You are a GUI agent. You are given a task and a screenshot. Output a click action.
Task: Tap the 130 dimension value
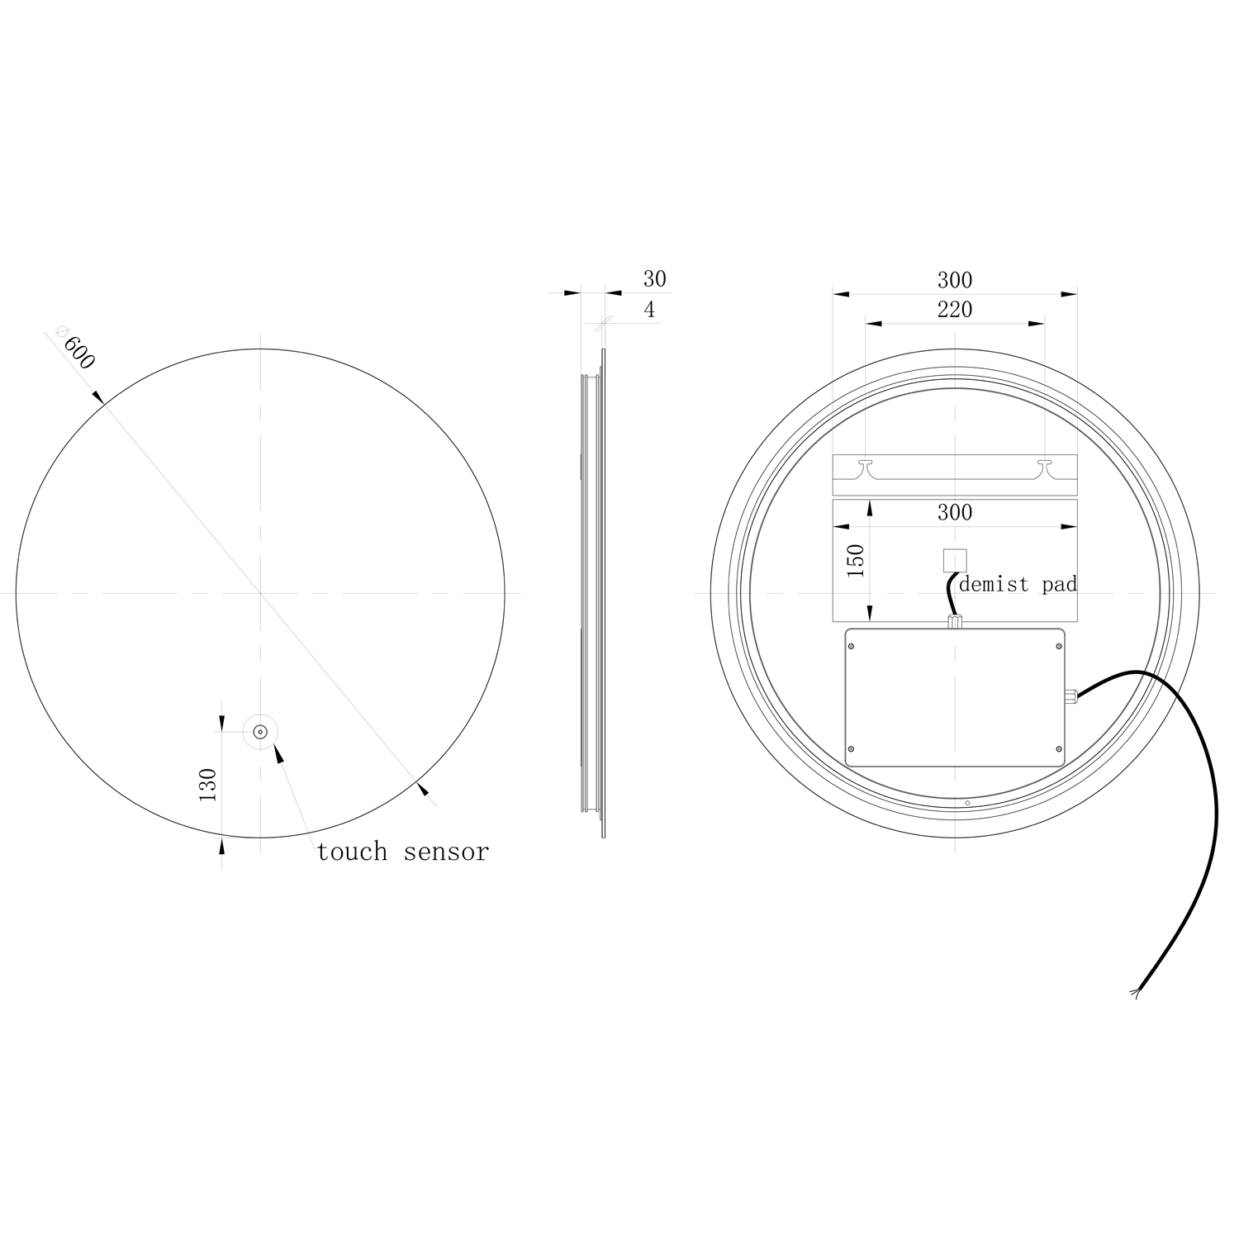pyautogui.click(x=207, y=785)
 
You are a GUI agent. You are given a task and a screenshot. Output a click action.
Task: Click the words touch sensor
pyautogui.click(x=403, y=852)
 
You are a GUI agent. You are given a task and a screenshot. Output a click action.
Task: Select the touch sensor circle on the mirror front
pyautogui.click(x=260, y=731)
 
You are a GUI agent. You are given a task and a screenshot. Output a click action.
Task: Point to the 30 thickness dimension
pyautogui.click(x=654, y=279)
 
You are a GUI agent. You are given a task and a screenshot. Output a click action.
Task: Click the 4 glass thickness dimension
pyautogui.click(x=649, y=310)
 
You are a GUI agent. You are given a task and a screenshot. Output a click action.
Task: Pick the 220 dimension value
pyautogui.click(x=954, y=310)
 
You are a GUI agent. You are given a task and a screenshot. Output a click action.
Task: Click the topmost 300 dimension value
pyautogui.click(x=954, y=280)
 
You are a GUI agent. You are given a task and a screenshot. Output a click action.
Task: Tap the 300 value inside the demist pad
pyautogui.click(x=954, y=512)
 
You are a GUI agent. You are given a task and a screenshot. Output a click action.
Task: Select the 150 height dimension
pyautogui.click(x=856, y=561)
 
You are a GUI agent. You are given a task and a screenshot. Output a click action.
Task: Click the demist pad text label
pyautogui.click(x=1018, y=585)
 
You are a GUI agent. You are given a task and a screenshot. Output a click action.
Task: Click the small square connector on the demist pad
pyautogui.click(x=954, y=561)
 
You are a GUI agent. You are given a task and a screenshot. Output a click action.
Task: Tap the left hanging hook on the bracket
pyautogui.click(x=865, y=467)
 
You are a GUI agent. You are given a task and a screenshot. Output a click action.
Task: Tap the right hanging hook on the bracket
pyautogui.click(x=1045, y=467)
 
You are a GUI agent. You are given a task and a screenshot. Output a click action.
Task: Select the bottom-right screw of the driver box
pyautogui.click(x=1058, y=749)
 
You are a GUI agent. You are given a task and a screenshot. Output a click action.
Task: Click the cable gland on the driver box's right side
pyautogui.click(x=1071, y=695)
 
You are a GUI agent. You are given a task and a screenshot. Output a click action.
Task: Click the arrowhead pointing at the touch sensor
pyautogui.click(x=278, y=752)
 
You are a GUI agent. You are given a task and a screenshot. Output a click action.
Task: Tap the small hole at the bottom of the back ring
pyautogui.click(x=967, y=802)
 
